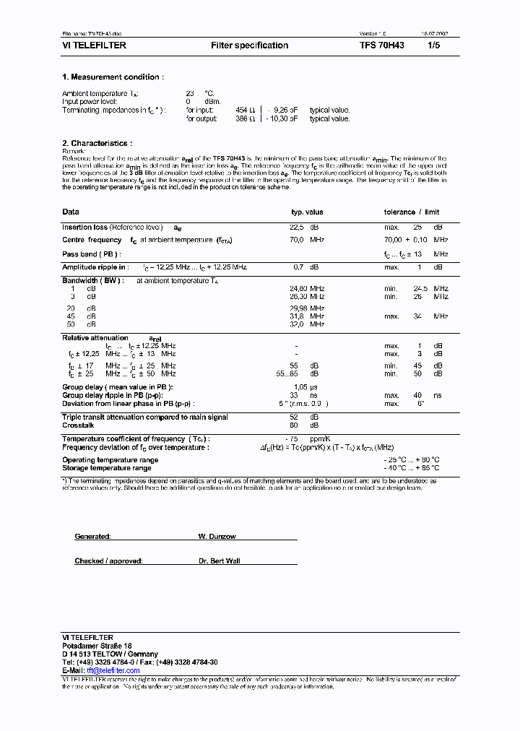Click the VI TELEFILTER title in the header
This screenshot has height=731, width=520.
point(94,46)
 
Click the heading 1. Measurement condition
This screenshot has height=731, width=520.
point(113,77)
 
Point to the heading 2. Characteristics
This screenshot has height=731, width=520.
point(97,144)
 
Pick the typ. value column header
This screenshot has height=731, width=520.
point(306,212)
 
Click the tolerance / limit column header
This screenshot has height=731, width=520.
point(411,212)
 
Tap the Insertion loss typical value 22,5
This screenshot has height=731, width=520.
point(297,228)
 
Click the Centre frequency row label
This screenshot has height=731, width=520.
point(92,240)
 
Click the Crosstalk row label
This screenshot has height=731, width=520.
point(79,425)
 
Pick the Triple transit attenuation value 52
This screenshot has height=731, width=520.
point(294,418)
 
